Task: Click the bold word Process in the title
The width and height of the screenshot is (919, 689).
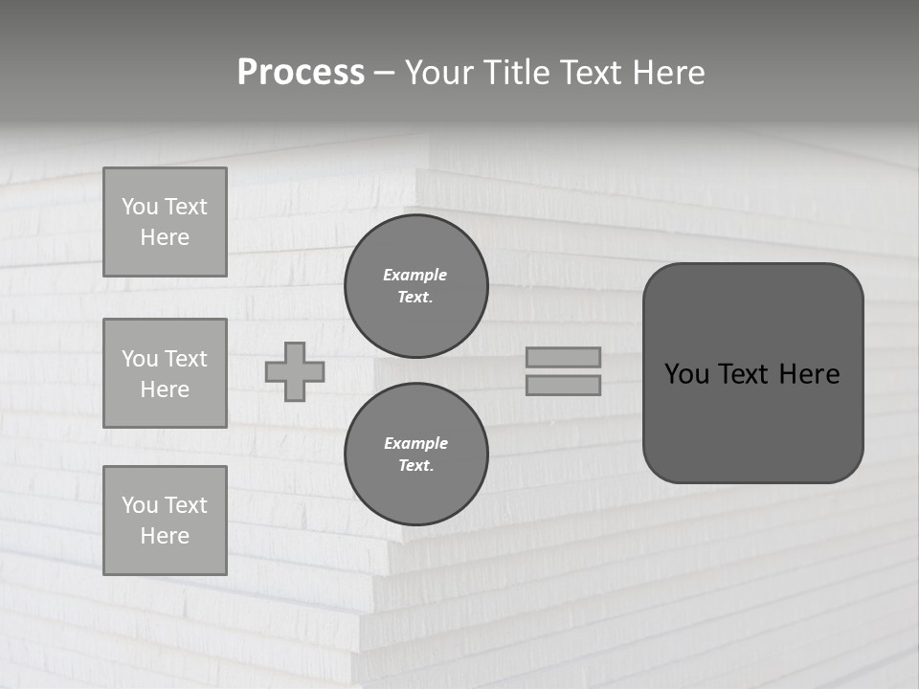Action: click(301, 73)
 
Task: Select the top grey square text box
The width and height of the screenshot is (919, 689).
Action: click(165, 222)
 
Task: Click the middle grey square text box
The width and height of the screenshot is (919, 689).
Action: click(165, 373)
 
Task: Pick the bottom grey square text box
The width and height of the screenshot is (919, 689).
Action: click(165, 521)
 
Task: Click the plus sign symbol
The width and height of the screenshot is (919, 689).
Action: click(295, 371)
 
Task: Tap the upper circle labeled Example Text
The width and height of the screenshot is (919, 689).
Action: click(415, 286)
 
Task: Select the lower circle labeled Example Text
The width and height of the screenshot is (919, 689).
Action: click(415, 455)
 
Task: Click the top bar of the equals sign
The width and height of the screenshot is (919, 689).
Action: click(564, 357)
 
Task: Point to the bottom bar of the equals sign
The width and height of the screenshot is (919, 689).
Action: click(564, 385)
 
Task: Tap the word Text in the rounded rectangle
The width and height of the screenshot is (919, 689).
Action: click(743, 374)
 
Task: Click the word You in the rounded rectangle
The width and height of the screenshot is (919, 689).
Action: click(686, 374)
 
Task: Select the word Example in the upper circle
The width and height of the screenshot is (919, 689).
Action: click(415, 275)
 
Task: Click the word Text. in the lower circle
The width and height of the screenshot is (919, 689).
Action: click(415, 466)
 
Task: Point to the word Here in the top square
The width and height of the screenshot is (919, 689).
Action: click(165, 237)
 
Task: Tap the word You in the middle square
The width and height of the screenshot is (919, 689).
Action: click(139, 359)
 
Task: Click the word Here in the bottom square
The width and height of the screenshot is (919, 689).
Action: click(165, 536)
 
